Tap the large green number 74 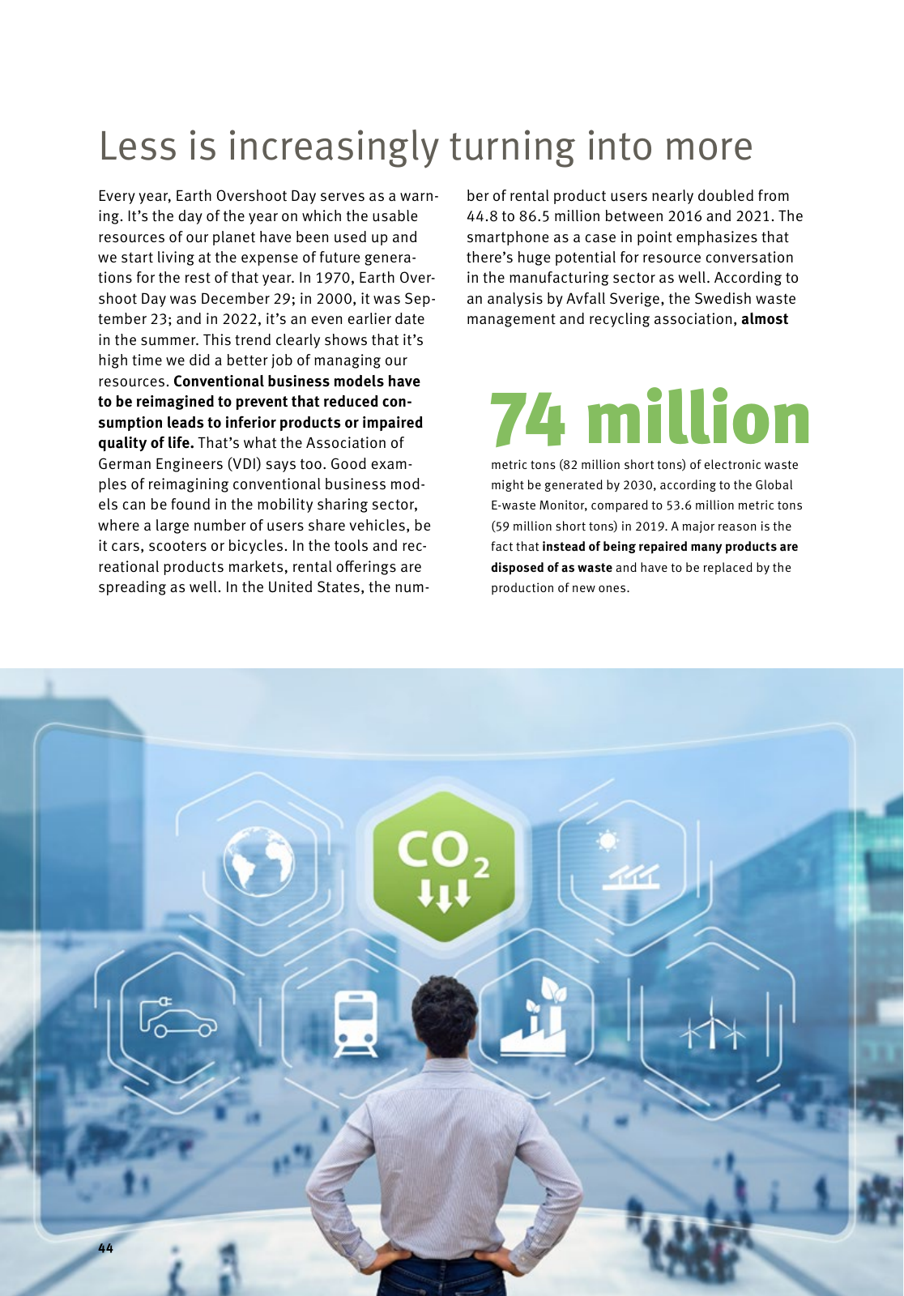pos(528,419)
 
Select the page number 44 pos(106,1248)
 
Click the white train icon pos(357,1023)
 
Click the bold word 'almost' pos(764,319)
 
